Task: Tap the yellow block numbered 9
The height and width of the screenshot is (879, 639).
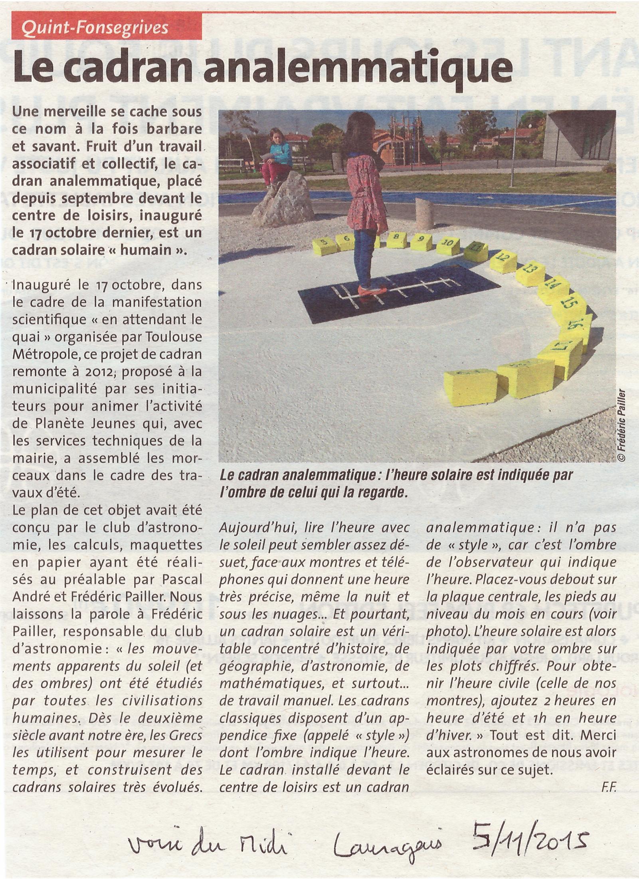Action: click(420, 241)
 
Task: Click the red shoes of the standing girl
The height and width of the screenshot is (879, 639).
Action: click(372, 289)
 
